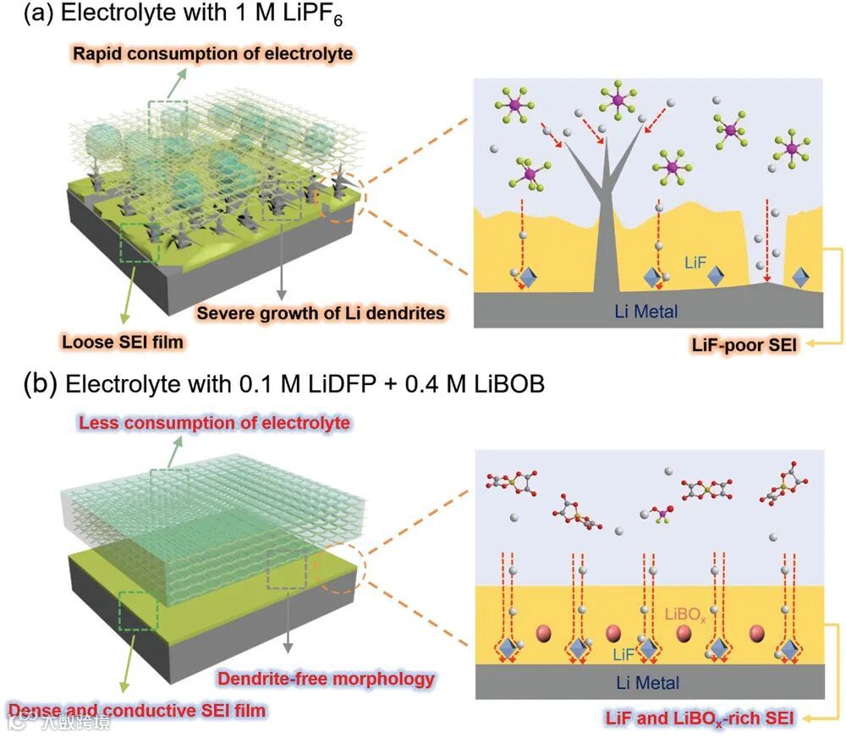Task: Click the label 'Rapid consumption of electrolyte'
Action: click(x=212, y=54)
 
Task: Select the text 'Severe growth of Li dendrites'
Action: click(x=321, y=313)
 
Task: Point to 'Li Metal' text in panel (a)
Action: click(x=646, y=311)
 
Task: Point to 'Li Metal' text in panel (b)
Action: click(x=646, y=682)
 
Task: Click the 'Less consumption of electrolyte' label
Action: click(x=214, y=422)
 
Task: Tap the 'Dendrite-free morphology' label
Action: click(x=326, y=678)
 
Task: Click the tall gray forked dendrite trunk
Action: click(x=606, y=228)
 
